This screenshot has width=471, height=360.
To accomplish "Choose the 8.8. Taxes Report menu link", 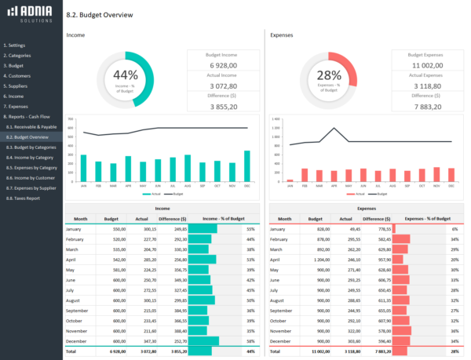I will [23, 198].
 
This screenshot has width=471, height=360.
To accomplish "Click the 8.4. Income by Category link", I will [31, 157].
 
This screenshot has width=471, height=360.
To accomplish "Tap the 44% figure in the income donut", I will [126, 75].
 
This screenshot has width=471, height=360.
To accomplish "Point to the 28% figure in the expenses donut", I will [329, 75].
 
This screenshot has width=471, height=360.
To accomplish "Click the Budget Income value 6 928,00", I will [224, 65].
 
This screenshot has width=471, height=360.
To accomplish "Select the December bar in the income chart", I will [247, 166].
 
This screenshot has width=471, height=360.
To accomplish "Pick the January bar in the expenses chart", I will [290, 180].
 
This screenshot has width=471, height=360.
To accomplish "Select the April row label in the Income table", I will [73, 259].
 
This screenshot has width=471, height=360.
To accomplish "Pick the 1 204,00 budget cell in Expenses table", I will [322, 259].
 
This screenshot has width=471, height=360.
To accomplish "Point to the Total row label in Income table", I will [72, 351].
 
